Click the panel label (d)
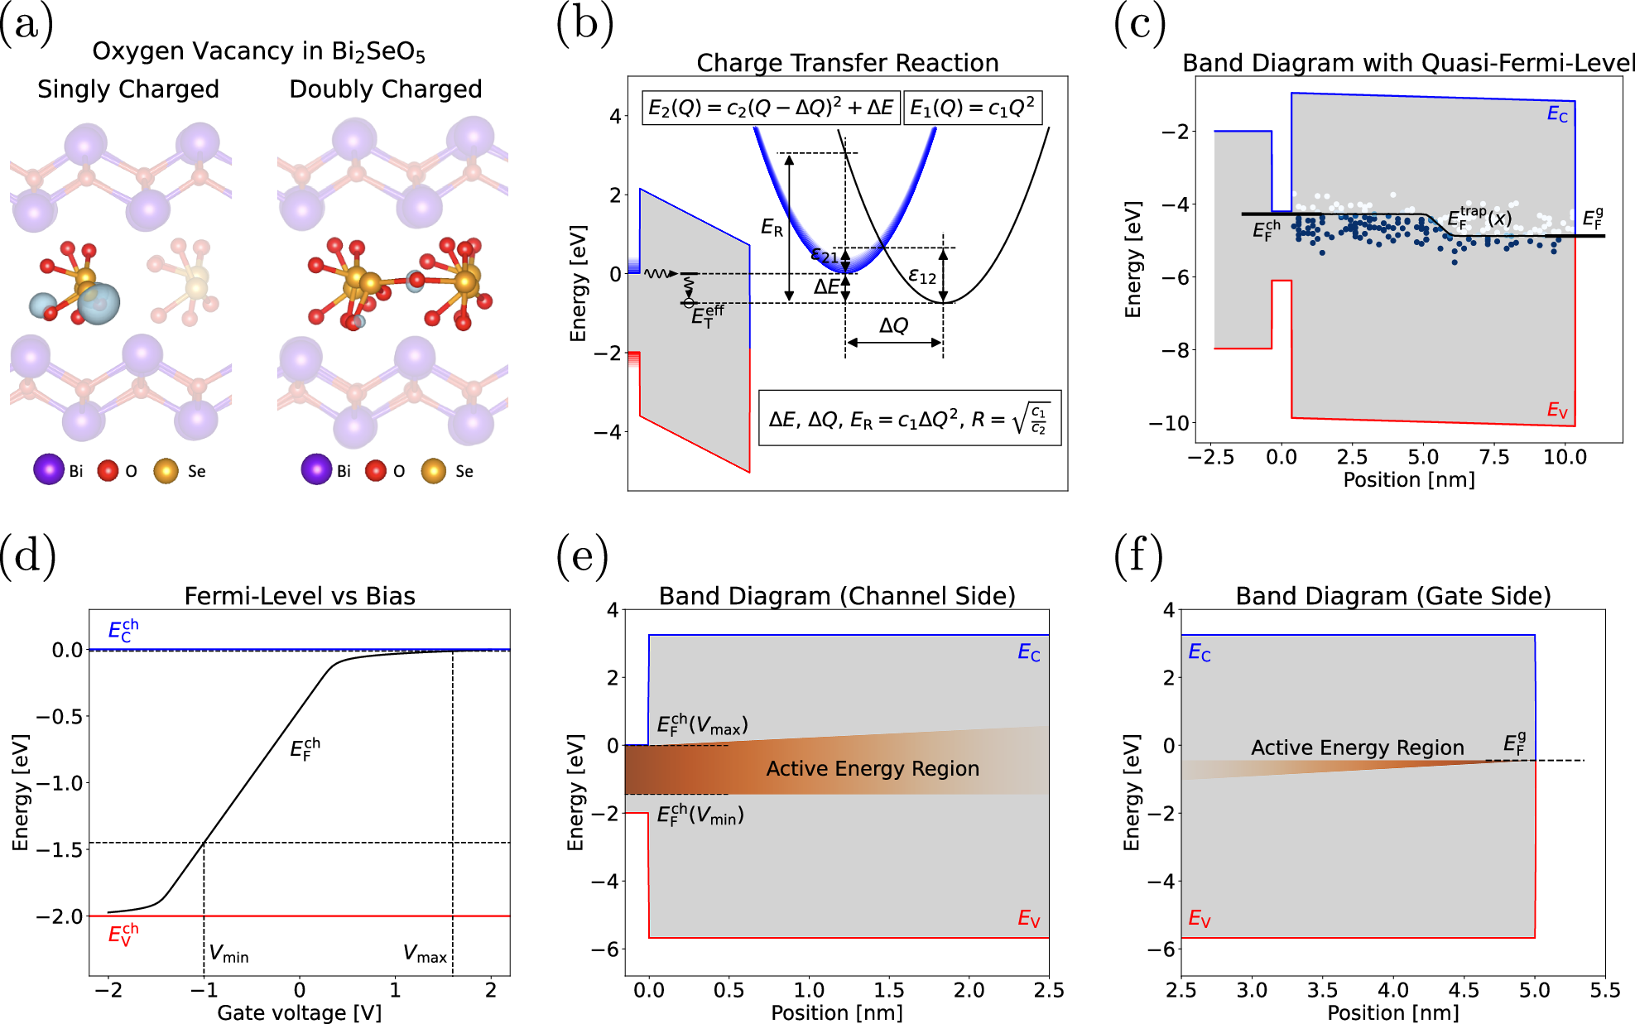click(27, 555)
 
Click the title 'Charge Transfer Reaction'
click(847, 63)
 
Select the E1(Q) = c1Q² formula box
click(972, 108)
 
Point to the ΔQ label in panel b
click(893, 325)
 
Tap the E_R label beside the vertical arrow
click(771, 228)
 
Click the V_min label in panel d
click(228, 954)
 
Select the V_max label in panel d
click(425, 954)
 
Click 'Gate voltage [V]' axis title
click(299, 1012)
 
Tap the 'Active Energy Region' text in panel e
click(873, 769)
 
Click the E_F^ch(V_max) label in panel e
click(702, 725)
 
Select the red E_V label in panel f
click(1200, 918)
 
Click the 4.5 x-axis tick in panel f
click(1464, 990)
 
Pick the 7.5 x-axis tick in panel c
click(1493, 457)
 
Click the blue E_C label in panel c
click(1557, 114)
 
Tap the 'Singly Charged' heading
click(128, 89)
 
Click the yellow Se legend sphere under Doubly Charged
click(434, 471)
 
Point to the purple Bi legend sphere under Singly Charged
click(49, 469)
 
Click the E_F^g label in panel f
click(1514, 743)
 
